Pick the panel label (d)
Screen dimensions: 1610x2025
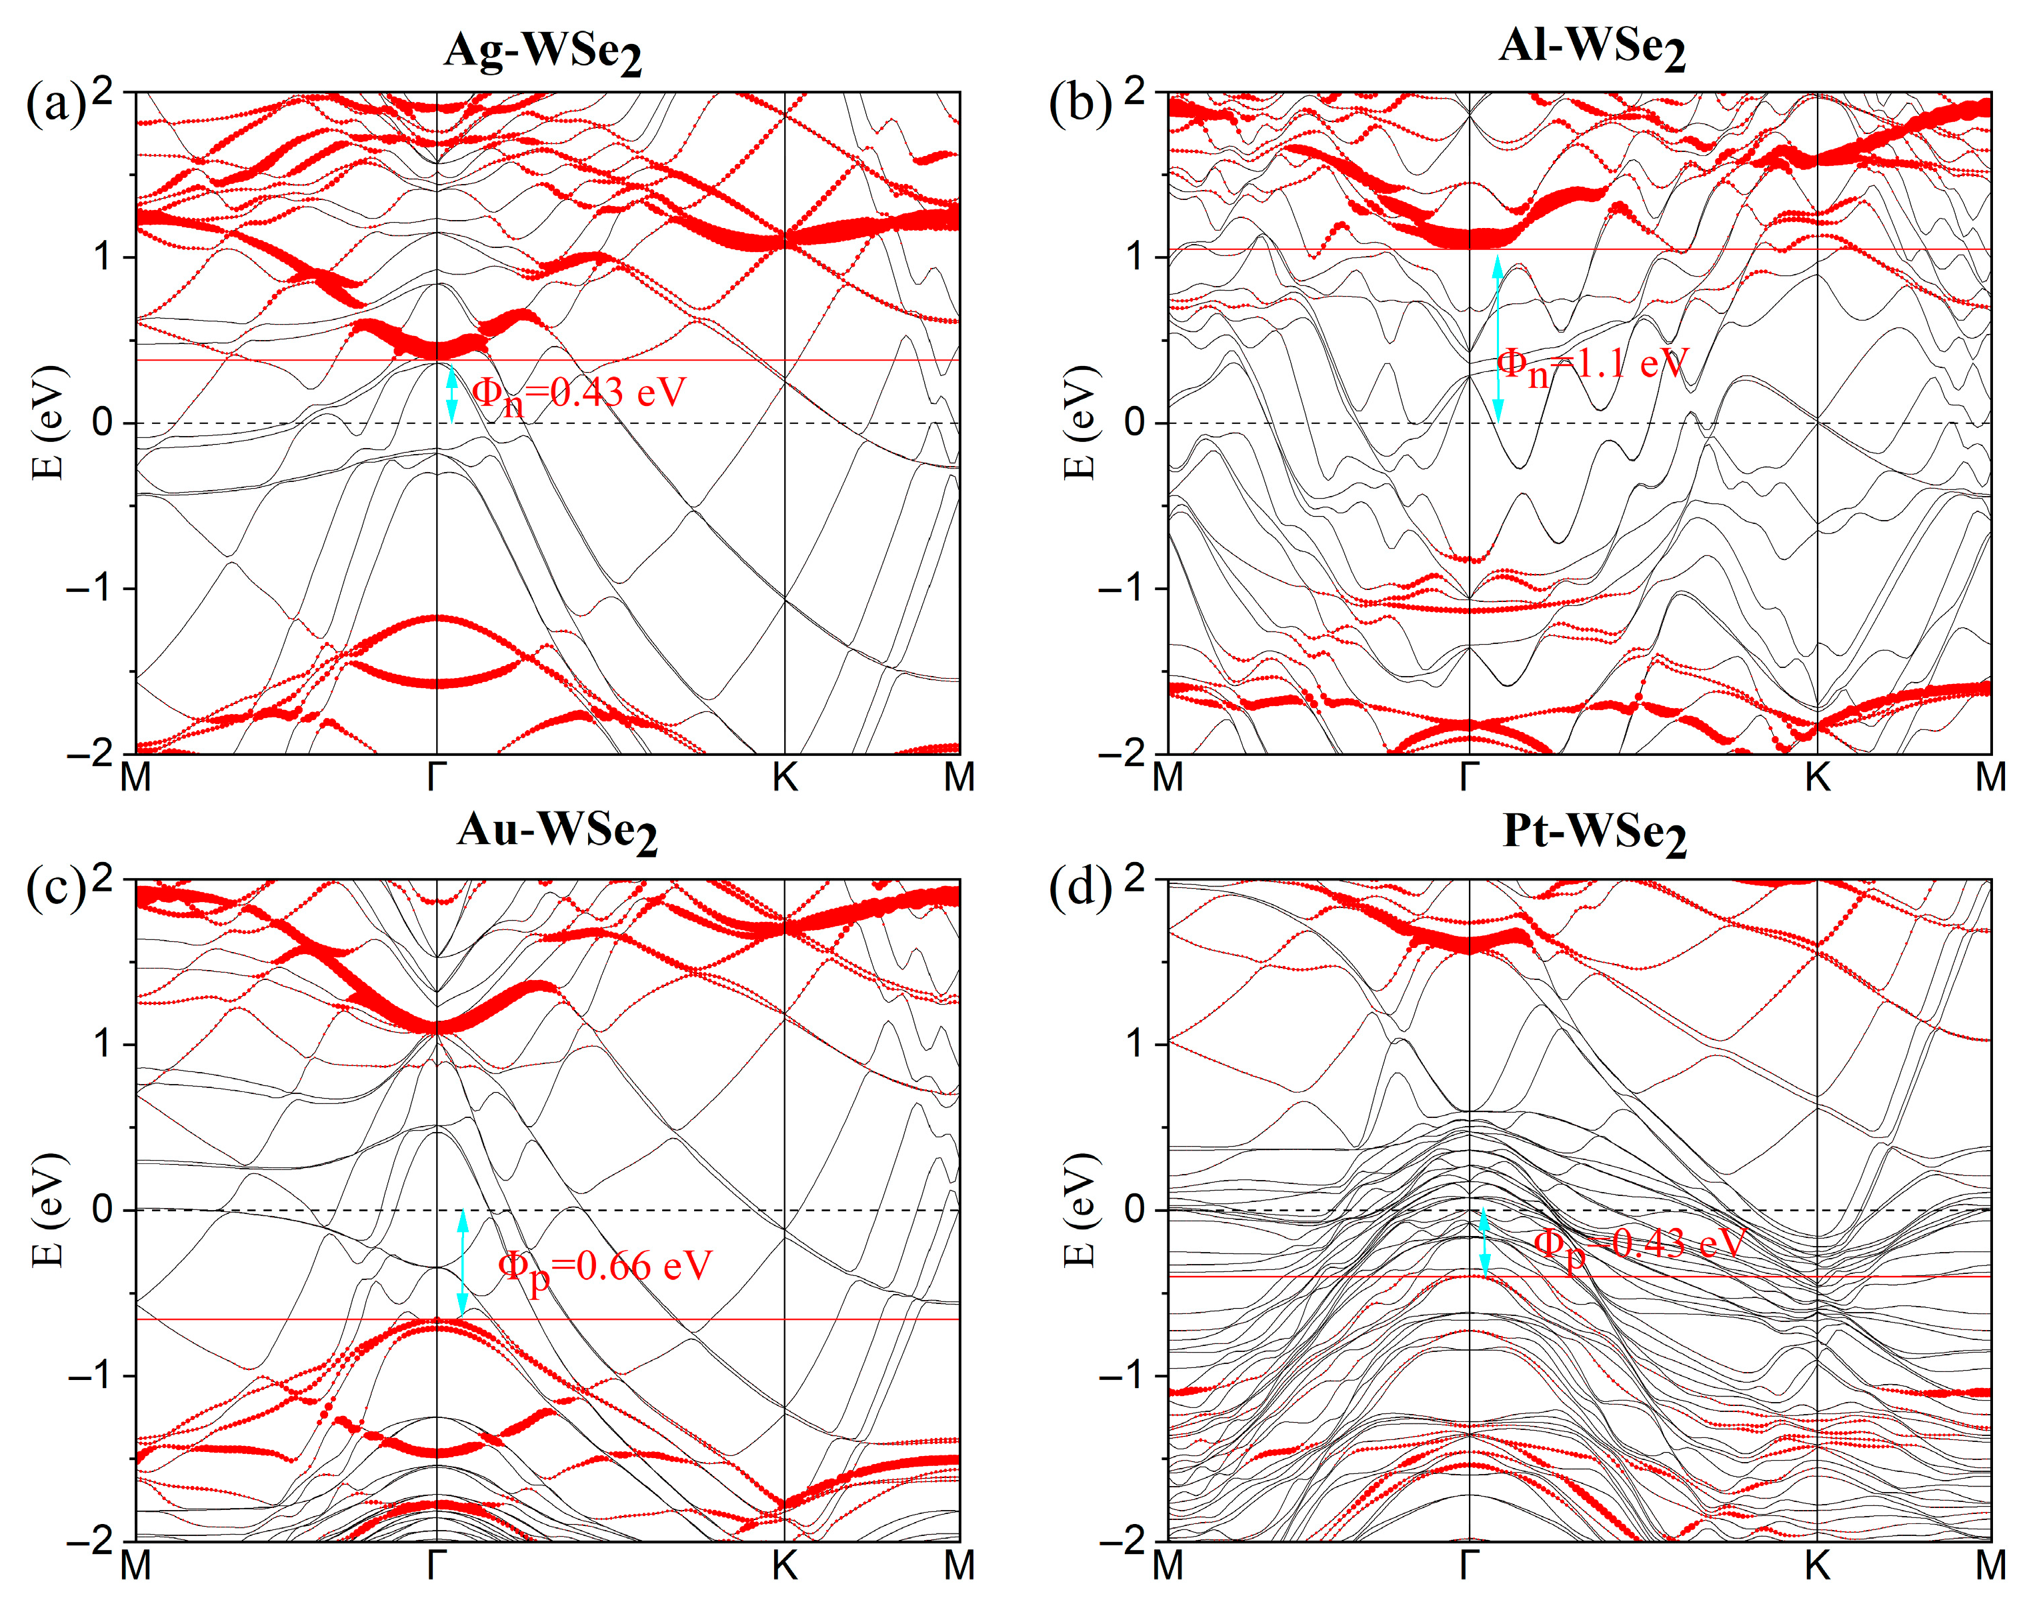1080,887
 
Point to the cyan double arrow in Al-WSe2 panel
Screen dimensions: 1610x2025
1498,338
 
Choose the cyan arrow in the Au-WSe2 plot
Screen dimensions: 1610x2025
462,1263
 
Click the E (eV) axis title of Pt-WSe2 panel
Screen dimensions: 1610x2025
1082,1210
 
